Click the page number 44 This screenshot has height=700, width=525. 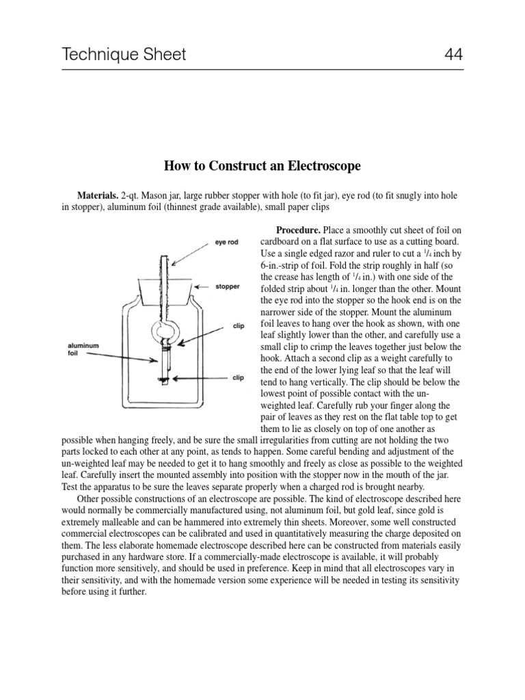pyautogui.click(x=451, y=54)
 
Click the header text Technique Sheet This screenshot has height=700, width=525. pyautogui.click(x=124, y=54)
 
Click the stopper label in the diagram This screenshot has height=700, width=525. pyautogui.click(x=228, y=286)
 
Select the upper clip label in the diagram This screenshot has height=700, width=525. pyautogui.click(x=239, y=326)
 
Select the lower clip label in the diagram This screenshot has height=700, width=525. pyautogui.click(x=239, y=377)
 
